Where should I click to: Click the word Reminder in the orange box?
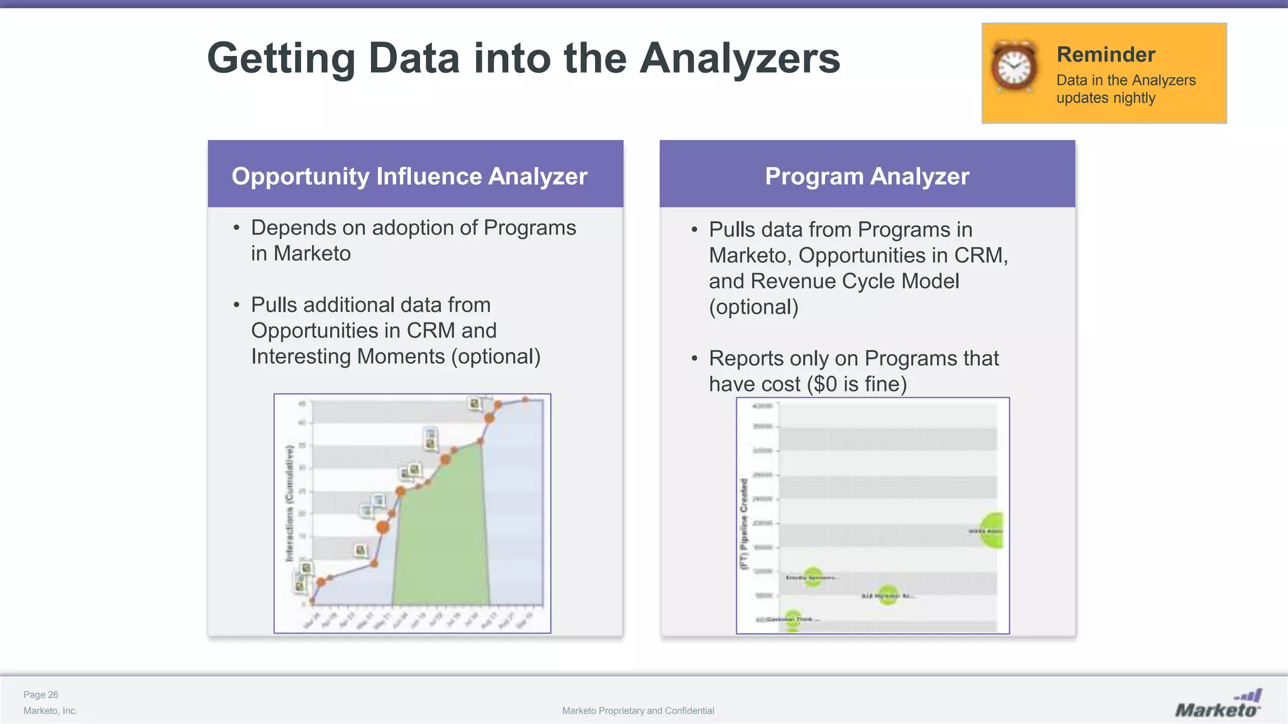1106,55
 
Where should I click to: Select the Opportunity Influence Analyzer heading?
409,176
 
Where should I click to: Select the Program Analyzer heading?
867,176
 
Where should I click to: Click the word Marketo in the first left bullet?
312,253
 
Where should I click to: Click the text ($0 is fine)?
857,384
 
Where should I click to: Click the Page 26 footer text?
41,694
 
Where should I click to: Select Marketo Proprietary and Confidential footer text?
638,711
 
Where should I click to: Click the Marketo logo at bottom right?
1218,705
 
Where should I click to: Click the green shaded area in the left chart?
440,534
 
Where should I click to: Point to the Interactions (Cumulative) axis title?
289,503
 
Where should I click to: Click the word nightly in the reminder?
1133,98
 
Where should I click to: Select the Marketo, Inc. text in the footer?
50,711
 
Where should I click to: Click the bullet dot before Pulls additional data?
236,305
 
